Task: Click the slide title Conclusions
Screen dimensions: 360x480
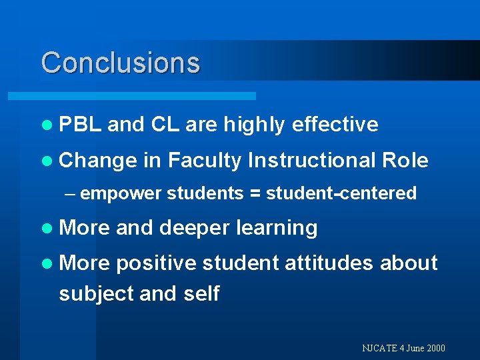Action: [120, 63]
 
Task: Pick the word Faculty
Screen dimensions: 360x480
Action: [205, 161]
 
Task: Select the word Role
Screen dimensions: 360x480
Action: [405, 160]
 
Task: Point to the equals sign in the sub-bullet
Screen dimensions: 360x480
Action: [255, 194]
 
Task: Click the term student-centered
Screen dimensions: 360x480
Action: [341, 193]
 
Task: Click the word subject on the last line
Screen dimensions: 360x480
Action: [97, 294]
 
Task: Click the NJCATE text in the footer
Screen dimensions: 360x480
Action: [379, 348]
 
